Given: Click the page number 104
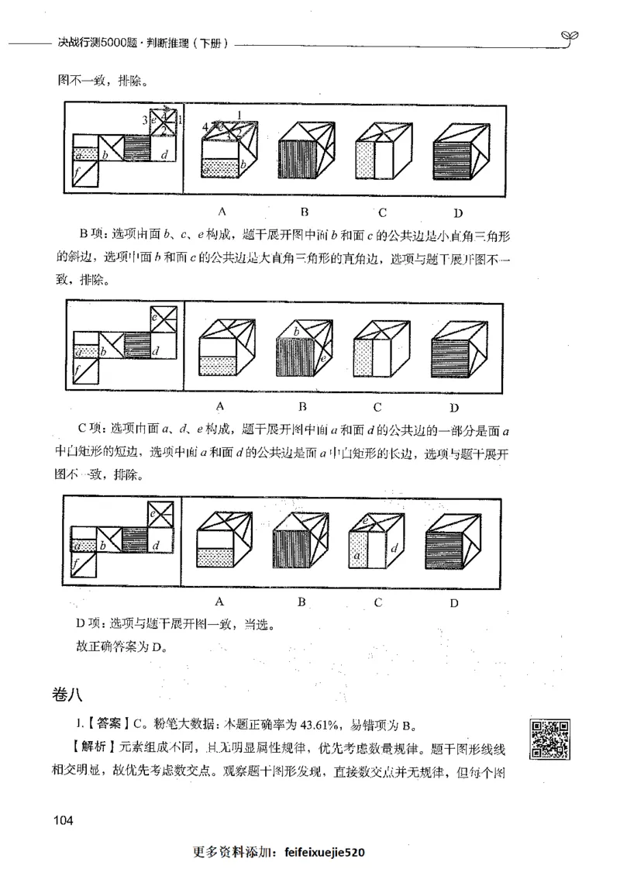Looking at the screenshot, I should [64, 820].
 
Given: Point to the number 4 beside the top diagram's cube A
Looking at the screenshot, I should [205, 126].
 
